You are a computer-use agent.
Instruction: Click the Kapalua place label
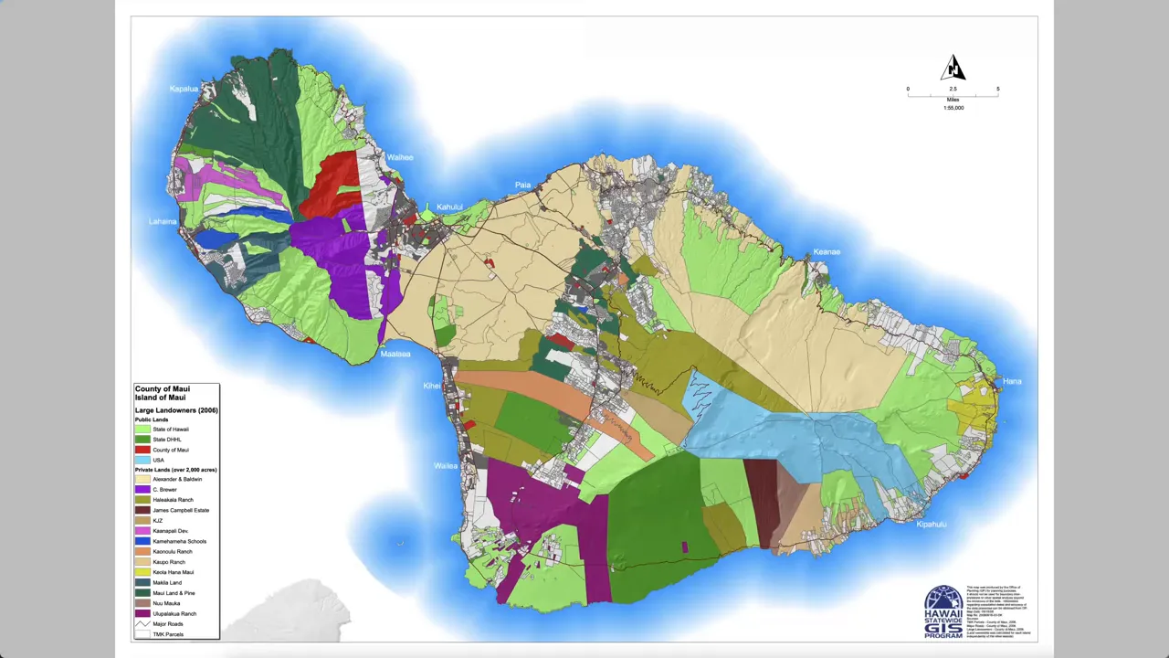[184, 89]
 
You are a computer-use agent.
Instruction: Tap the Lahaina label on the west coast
[163, 222]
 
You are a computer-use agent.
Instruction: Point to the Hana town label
[1012, 381]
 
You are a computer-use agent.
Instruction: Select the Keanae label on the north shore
[827, 252]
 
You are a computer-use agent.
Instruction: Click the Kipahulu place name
[932, 525]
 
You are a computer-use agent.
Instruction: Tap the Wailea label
[446, 466]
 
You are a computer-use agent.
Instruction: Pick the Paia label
[522, 186]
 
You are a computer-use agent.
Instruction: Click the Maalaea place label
[395, 354]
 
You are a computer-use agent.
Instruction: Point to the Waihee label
[400, 157]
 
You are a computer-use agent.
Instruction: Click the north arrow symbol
[953, 68]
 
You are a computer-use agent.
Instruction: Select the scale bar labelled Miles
[953, 93]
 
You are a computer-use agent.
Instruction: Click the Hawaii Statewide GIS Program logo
[943, 611]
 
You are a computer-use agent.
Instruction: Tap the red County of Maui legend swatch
[142, 450]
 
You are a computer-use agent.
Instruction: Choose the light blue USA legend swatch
[142, 460]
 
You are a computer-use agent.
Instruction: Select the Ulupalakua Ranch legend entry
[174, 613]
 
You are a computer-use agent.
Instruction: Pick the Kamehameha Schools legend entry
[179, 541]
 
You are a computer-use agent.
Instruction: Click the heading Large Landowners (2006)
[175, 410]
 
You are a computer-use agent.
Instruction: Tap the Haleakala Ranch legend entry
[173, 500]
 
